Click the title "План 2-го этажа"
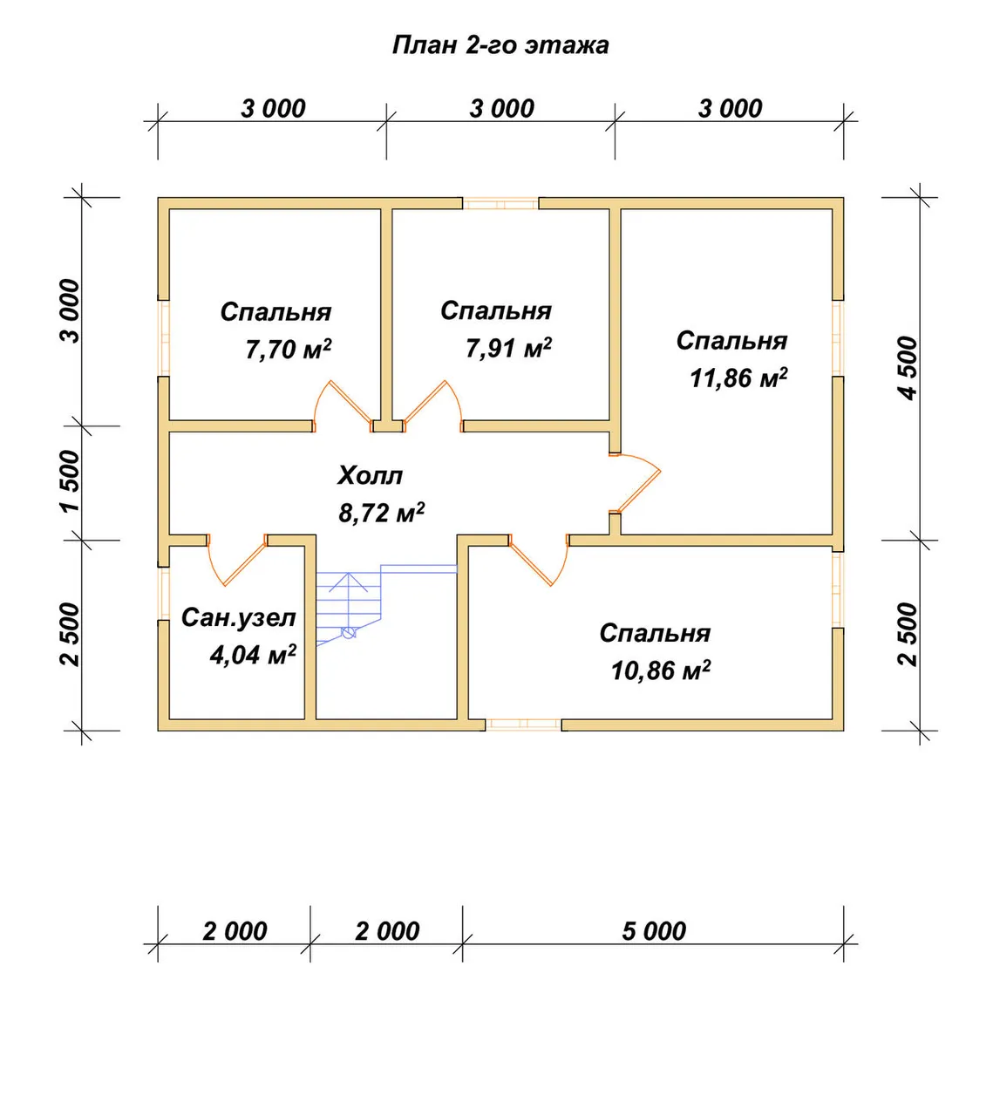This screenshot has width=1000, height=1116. tap(500, 45)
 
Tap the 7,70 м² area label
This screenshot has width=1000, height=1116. tap(289, 349)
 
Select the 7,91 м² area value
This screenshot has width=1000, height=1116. tap(508, 348)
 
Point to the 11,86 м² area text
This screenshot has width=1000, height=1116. tap(738, 378)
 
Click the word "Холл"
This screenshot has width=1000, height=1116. tap(371, 475)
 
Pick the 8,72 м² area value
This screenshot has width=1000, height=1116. tap(381, 513)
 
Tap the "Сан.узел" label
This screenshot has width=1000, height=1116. tap(239, 618)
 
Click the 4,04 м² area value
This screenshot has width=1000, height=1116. tap(253, 655)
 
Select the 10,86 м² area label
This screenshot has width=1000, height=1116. tap(661, 670)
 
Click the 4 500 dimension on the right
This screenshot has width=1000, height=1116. tap(908, 368)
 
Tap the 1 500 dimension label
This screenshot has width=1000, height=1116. tap(70, 481)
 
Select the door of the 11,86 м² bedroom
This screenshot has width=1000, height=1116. tap(636, 483)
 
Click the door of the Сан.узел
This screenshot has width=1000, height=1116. tap(237, 559)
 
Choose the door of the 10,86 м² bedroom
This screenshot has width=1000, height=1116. tap(539, 559)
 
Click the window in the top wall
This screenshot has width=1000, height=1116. tap(500, 203)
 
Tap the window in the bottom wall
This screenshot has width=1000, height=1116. tap(523, 725)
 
